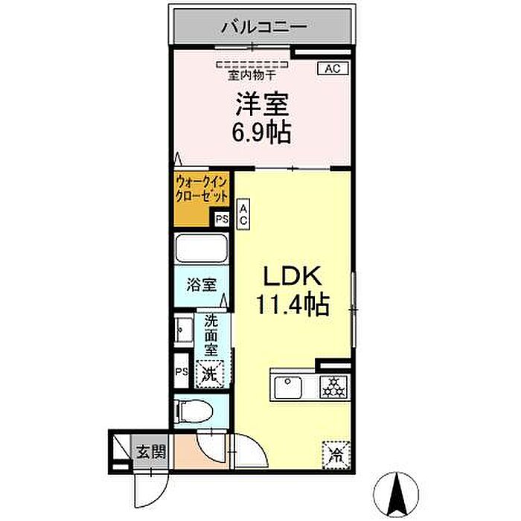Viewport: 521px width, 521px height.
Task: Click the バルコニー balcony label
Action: point(264,28)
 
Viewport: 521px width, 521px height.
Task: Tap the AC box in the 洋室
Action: point(333,68)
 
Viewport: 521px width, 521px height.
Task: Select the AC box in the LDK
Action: point(243,214)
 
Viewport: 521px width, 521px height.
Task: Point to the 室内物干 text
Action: point(252,75)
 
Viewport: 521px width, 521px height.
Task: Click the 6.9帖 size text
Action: point(261,132)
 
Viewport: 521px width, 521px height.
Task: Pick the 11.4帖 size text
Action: point(293,304)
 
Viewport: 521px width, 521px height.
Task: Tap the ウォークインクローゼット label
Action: point(202,189)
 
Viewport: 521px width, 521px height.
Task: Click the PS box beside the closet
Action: point(222,220)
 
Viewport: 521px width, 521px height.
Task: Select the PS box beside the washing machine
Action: point(182,371)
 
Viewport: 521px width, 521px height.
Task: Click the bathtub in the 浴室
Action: point(202,248)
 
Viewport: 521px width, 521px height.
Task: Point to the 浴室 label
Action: point(202,284)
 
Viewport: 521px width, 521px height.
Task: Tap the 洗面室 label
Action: point(211,335)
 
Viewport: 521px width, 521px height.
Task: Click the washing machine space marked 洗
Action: point(210,374)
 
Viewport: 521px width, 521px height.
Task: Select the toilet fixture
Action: point(194,410)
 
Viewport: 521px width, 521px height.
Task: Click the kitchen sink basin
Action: point(288,387)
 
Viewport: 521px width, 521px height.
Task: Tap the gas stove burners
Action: point(333,387)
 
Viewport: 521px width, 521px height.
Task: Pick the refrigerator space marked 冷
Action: point(336,455)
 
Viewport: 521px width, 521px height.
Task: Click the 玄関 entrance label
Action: point(151,453)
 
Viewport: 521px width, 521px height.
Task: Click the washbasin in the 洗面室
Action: point(184,330)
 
